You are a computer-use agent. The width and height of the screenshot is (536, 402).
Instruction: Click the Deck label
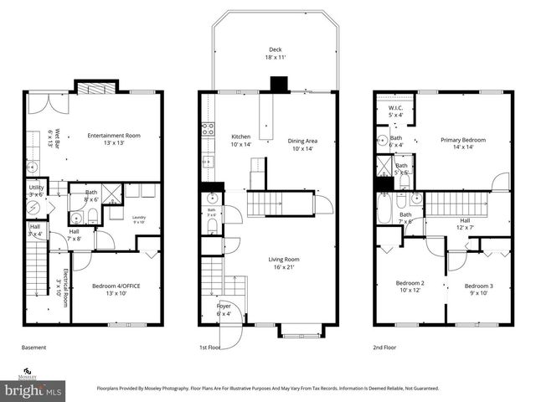tap(275, 53)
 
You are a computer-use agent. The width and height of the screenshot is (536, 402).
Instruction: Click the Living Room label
tap(284, 264)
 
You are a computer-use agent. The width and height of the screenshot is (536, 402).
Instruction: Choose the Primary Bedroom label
tap(463, 144)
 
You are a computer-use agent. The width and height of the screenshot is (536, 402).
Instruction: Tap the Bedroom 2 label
tap(410, 288)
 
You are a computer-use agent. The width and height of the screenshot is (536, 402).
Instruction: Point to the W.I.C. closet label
tap(394, 111)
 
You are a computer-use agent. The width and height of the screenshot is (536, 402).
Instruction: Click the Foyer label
tap(224, 311)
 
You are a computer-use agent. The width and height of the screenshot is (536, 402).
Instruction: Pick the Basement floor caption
tap(34, 348)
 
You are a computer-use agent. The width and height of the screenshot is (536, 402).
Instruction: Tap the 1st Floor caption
tap(209, 348)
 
